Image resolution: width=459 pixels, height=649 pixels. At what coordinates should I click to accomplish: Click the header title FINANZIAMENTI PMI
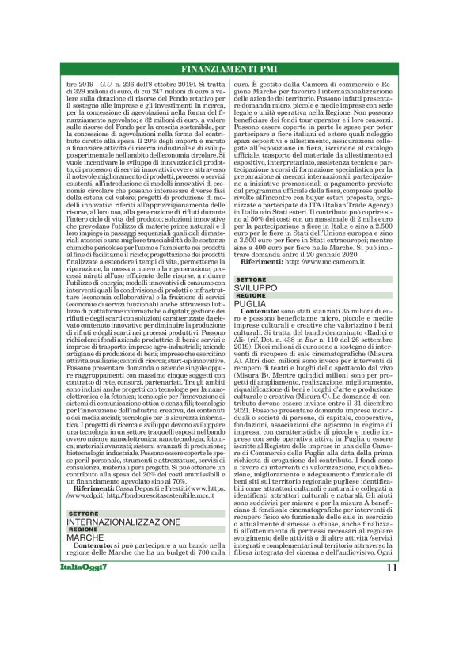pos(229,67)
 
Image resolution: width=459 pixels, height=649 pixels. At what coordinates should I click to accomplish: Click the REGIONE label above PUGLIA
pos(250,296)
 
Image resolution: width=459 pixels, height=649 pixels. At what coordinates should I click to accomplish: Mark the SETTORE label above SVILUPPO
pos(250,280)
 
